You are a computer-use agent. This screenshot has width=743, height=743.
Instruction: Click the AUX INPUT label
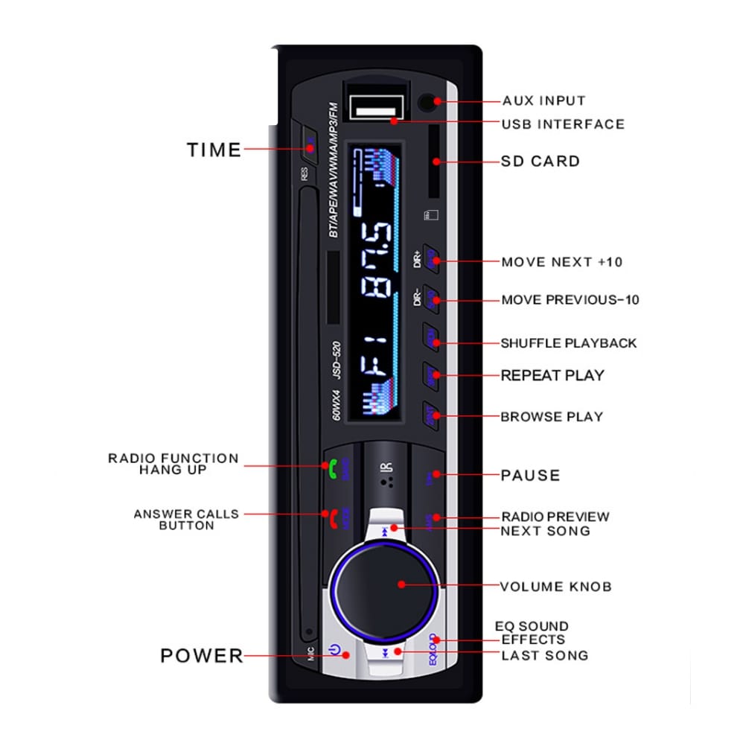543,101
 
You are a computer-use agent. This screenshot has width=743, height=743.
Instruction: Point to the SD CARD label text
540,161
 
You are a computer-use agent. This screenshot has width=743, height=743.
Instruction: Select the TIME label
214,150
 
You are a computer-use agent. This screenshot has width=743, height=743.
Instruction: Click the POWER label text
202,656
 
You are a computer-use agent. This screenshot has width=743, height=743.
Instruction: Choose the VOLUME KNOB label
555,587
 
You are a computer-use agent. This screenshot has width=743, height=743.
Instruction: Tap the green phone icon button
333,468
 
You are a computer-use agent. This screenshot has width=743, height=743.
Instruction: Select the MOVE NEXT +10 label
561,262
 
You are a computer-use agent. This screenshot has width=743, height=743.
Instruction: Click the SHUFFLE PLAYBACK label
568,343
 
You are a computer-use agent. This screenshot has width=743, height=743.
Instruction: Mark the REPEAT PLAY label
552,375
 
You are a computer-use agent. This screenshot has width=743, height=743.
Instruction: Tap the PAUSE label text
530,475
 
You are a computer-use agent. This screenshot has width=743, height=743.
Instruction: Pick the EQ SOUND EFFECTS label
532,633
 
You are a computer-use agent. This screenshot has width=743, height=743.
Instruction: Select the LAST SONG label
544,656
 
